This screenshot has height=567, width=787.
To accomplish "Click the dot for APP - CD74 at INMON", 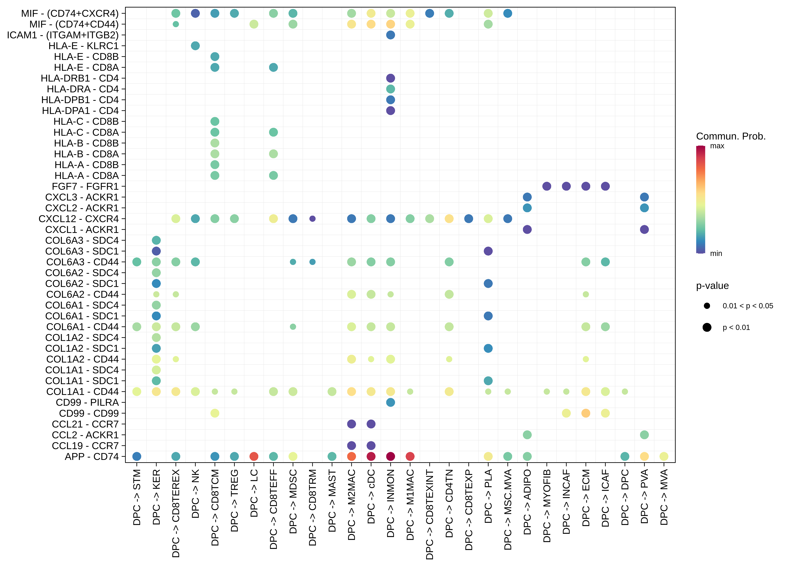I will [x=390, y=456].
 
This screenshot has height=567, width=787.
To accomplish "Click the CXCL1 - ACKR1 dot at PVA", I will [x=644, y=229].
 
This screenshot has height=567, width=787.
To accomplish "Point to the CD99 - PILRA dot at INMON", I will [x=390, y=402].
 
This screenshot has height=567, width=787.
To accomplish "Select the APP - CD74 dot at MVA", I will [x=664, y=456].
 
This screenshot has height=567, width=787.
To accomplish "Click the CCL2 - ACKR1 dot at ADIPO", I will [x=527, y=435].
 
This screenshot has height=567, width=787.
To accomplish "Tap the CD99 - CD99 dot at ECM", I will [x=586, y=413].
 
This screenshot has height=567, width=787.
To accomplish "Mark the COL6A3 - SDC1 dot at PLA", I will [x=488, y=251].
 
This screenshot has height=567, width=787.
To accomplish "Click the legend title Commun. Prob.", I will [x=731, y=136].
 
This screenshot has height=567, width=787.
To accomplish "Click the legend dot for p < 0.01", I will [x=707, y=327].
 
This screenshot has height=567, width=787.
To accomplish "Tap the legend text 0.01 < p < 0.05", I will [x=748, y=306].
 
